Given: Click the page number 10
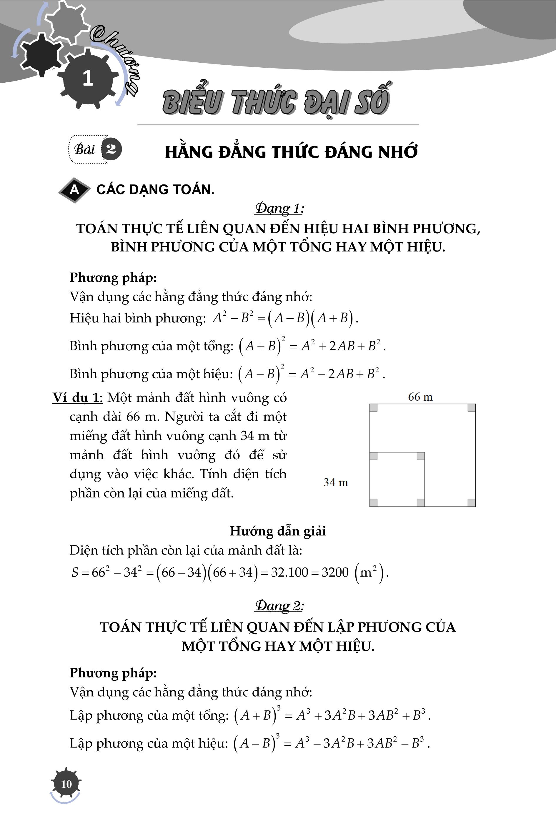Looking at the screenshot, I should click(x=66, y=784).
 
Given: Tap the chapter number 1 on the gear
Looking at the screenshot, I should click(x=87, y=78).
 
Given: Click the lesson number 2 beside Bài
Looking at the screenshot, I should click(x=111, y=149).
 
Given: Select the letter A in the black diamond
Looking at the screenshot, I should click(x=74, y=190).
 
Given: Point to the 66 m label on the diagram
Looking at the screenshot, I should click(x=420, y=397).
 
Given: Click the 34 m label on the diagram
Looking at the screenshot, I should click(x=335, y=482).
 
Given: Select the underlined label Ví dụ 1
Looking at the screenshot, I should click(x=76, y=397).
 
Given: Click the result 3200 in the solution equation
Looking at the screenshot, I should click(x=335, y=572).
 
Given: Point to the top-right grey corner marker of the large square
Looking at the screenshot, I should click(x=471, y=408).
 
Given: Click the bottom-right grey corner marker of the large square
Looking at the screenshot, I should click(x=471, y=502).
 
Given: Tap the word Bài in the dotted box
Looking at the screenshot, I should click(x=84, y=149).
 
